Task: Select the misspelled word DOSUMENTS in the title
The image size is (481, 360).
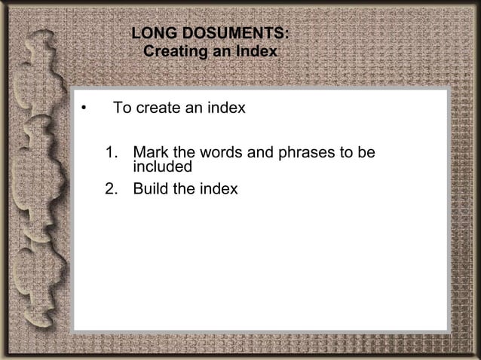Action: (234, 35)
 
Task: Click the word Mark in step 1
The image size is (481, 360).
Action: (149, 154)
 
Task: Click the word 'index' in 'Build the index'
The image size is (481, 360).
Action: (219, 188)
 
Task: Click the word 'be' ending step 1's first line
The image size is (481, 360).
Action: (366, 154)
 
